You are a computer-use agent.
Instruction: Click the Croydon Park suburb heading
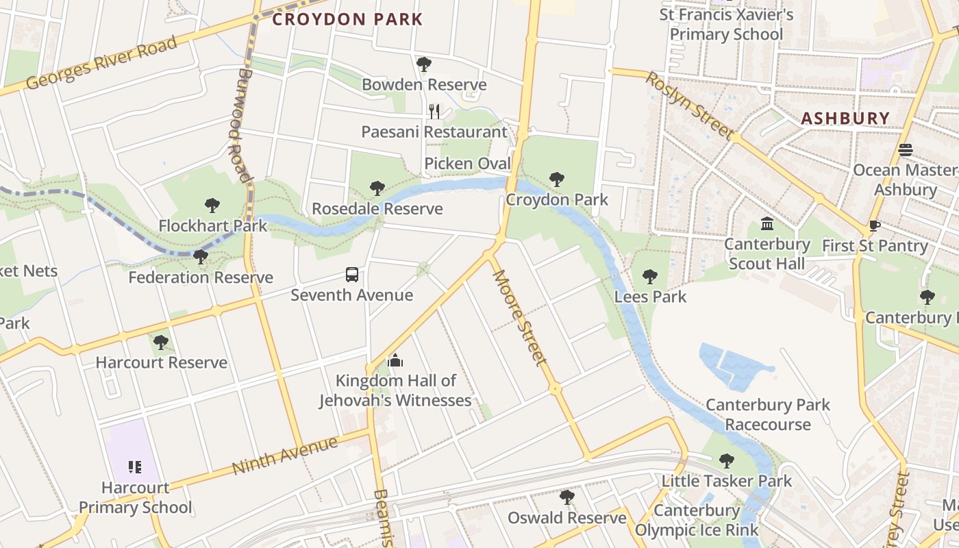[347, 19]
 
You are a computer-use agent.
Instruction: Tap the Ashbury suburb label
[845, 119]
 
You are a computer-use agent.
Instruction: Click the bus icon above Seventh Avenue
[352, 275]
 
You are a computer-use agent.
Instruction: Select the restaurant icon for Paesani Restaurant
[434, 112]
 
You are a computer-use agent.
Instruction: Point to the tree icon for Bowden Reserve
[424, 65]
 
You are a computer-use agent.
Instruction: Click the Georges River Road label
[101, 63]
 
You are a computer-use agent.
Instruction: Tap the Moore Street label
[519, 316]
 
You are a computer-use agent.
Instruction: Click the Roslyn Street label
[689, 105]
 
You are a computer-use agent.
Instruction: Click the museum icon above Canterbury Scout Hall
[767, 224]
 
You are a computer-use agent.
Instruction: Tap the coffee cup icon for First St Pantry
[874, 225]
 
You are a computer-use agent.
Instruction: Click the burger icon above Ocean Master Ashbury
[906, 150]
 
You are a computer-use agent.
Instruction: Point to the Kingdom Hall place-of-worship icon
[395, 360]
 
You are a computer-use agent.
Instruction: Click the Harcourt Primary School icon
[135, 467]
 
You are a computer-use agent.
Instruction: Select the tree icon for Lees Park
[650, 277]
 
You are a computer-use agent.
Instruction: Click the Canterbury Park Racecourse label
[768, 414]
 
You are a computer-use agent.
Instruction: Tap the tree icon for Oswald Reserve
[566, 497]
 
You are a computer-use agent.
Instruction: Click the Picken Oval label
[468, 164]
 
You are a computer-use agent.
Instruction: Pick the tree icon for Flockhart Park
[212, 205]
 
